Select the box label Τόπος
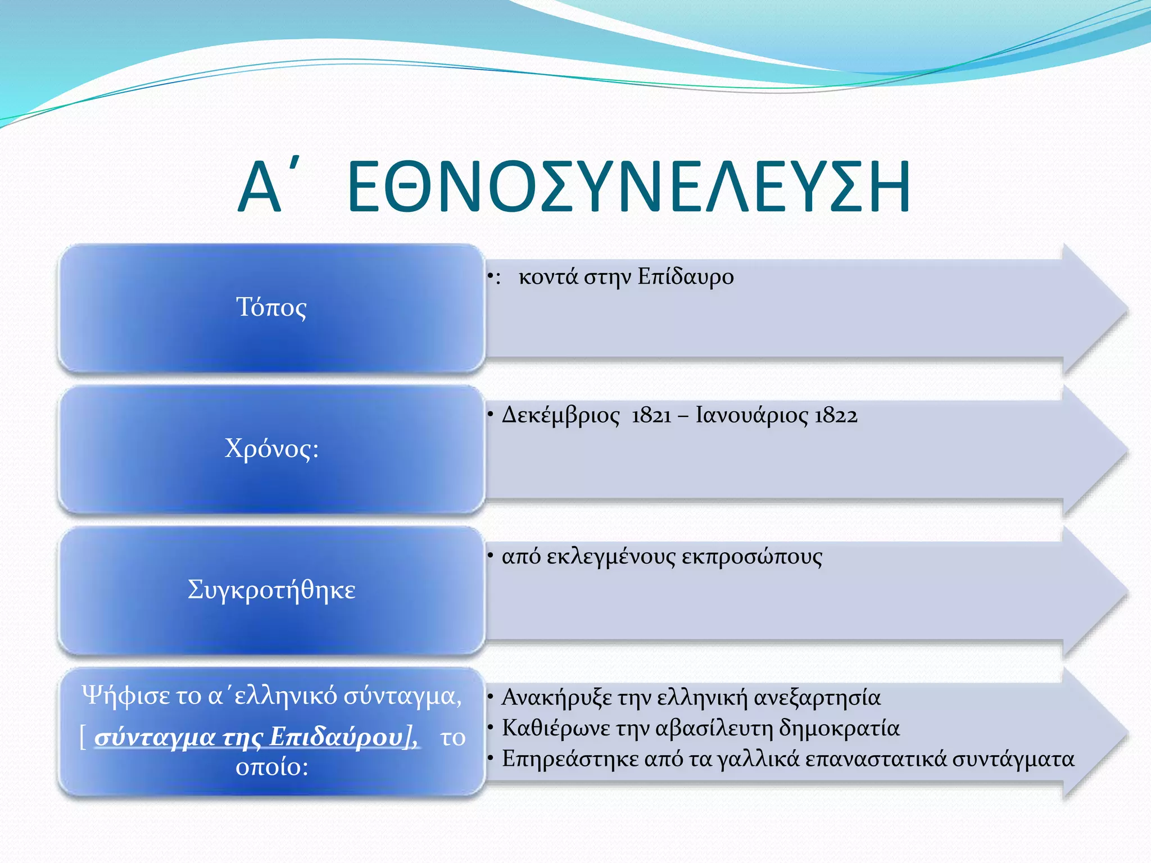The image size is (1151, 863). [271, 307]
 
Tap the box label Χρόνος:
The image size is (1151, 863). [271, 449]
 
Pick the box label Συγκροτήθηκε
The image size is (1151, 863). [271, 590]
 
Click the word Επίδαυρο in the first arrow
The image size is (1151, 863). [686, 277]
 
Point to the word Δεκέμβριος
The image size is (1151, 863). [560, 416]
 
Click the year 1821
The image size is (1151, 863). [651, 416]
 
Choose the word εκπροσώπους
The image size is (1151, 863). [751, 557]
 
